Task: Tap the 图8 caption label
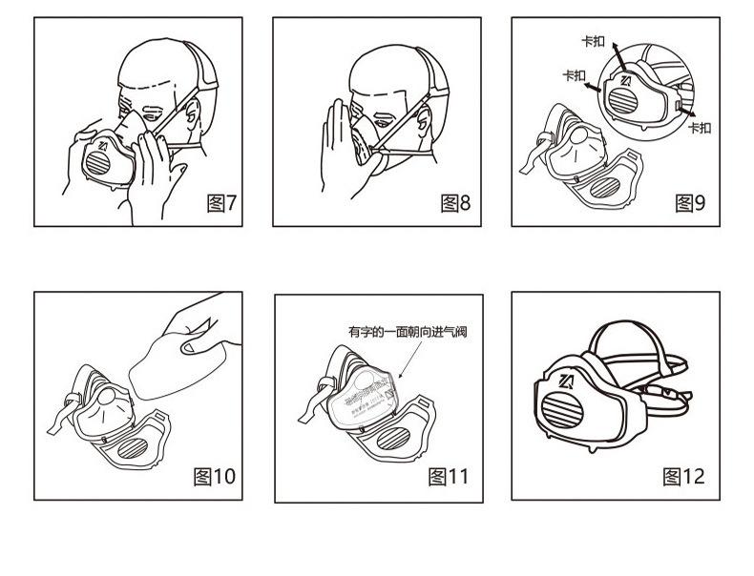tap(455, 203)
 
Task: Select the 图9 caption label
tap(690, 203)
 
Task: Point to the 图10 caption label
tap(214, 476)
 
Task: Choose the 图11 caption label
tap(449, 476)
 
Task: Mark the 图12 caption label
tap(684, 476)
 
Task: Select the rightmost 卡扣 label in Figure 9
tap(700, 128)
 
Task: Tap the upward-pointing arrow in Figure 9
tap(616, 51)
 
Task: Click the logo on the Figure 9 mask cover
tap(627, 78)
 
